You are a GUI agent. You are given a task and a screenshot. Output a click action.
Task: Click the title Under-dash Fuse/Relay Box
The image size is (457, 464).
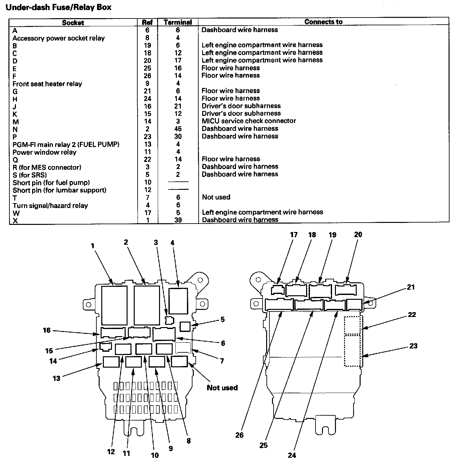point(58,7)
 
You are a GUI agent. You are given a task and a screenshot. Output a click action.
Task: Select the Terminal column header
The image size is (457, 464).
point(178,22)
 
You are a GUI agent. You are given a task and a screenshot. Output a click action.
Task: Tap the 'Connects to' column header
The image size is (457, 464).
point(323,22)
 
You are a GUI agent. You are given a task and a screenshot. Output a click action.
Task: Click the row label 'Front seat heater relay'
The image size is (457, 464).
point(47,84)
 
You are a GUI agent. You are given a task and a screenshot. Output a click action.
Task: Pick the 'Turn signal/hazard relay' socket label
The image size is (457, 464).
point(50,205)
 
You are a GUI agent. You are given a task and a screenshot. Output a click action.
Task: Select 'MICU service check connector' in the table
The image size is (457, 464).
point(249,121)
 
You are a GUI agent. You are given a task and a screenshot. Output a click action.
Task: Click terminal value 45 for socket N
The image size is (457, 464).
point(178,129)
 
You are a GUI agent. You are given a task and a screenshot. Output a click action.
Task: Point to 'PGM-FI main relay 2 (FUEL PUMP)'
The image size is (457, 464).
point(66,144)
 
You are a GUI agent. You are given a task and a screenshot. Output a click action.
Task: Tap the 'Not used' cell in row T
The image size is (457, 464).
point(216,197)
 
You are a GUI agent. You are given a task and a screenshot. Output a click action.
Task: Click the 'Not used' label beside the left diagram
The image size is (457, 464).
point(222,387)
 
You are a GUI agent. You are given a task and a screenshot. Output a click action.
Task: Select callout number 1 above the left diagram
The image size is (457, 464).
point(93,246)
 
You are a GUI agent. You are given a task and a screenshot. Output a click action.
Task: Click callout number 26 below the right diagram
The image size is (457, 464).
point(239,435)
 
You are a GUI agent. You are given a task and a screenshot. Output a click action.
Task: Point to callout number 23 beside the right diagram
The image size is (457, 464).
point(413,346)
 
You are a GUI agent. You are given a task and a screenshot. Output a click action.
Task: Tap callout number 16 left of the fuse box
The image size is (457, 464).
point(47,330)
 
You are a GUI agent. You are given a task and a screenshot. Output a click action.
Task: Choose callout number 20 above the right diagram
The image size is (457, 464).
point(358,234)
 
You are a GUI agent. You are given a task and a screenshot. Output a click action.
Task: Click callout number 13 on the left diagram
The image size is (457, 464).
point(56,378)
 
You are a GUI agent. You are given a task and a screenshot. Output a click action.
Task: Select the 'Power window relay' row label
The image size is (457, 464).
point(44,152)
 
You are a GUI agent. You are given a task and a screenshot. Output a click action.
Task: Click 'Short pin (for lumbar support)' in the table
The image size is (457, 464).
point(59,190)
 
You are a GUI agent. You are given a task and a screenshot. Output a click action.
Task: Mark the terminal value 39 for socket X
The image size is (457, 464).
point(178,220)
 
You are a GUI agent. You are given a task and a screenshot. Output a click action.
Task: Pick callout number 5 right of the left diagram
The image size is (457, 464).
point(222,319)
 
